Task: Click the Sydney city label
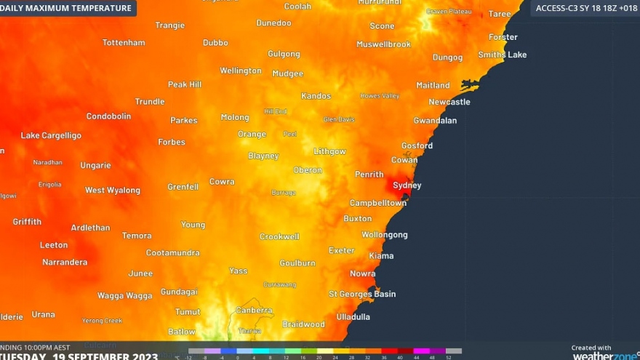pos(407,185)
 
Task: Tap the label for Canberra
pos(254,311)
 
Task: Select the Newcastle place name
pos(449,103)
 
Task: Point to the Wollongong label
pos(384,235)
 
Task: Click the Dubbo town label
pos(215,43)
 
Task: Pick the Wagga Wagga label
pos(125,296)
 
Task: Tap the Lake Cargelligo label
pos(51,135)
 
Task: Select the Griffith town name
pos(27,222)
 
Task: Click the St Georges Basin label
pos(362,294)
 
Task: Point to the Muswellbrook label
pos(383,44)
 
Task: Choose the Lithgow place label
pos(329,151)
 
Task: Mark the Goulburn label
pos(297,263)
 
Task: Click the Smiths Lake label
pos(502,55)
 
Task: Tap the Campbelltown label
pos(377,203)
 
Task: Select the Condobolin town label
pos(108,116)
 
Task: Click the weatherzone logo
pos(604,356)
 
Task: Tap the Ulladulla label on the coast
pos(353,317)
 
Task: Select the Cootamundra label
pos(172,253)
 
